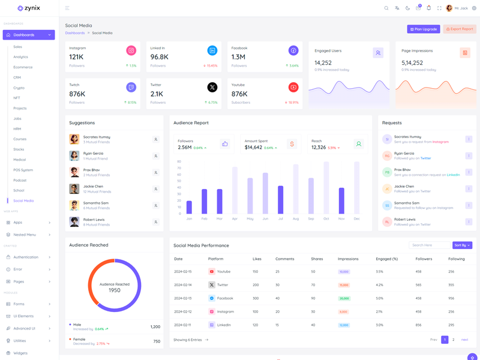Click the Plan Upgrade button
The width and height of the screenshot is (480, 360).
[x=424, y=29]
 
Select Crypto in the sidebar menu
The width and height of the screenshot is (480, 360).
[x=19, y=88]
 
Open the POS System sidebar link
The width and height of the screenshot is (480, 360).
[x=23, y=170]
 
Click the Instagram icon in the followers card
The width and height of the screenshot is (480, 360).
[x=131, y=51]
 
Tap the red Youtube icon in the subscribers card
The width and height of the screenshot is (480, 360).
[x=293, y=88]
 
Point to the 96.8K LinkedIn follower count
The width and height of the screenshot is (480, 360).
[x=160, y=57]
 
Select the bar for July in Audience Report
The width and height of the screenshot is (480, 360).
[x=280, y=199]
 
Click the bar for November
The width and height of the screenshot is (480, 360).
[x=341, y=200]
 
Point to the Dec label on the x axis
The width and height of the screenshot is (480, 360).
[x=356, y=218]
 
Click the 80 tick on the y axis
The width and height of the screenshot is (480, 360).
[x=179, y=161]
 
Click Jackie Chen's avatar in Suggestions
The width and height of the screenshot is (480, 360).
[x=74, y=189]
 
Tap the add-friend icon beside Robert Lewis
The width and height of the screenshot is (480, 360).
[x=155, y=222]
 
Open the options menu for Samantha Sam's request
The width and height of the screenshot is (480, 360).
[x=469, y=205]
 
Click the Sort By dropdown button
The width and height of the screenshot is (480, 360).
[x=462, y=245]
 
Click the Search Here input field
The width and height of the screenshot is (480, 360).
[x=429, y=245]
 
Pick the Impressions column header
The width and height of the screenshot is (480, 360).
[x=348, y=259]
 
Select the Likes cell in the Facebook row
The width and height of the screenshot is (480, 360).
[x=256, y=298]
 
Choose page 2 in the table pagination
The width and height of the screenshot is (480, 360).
[x=454, y=340]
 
